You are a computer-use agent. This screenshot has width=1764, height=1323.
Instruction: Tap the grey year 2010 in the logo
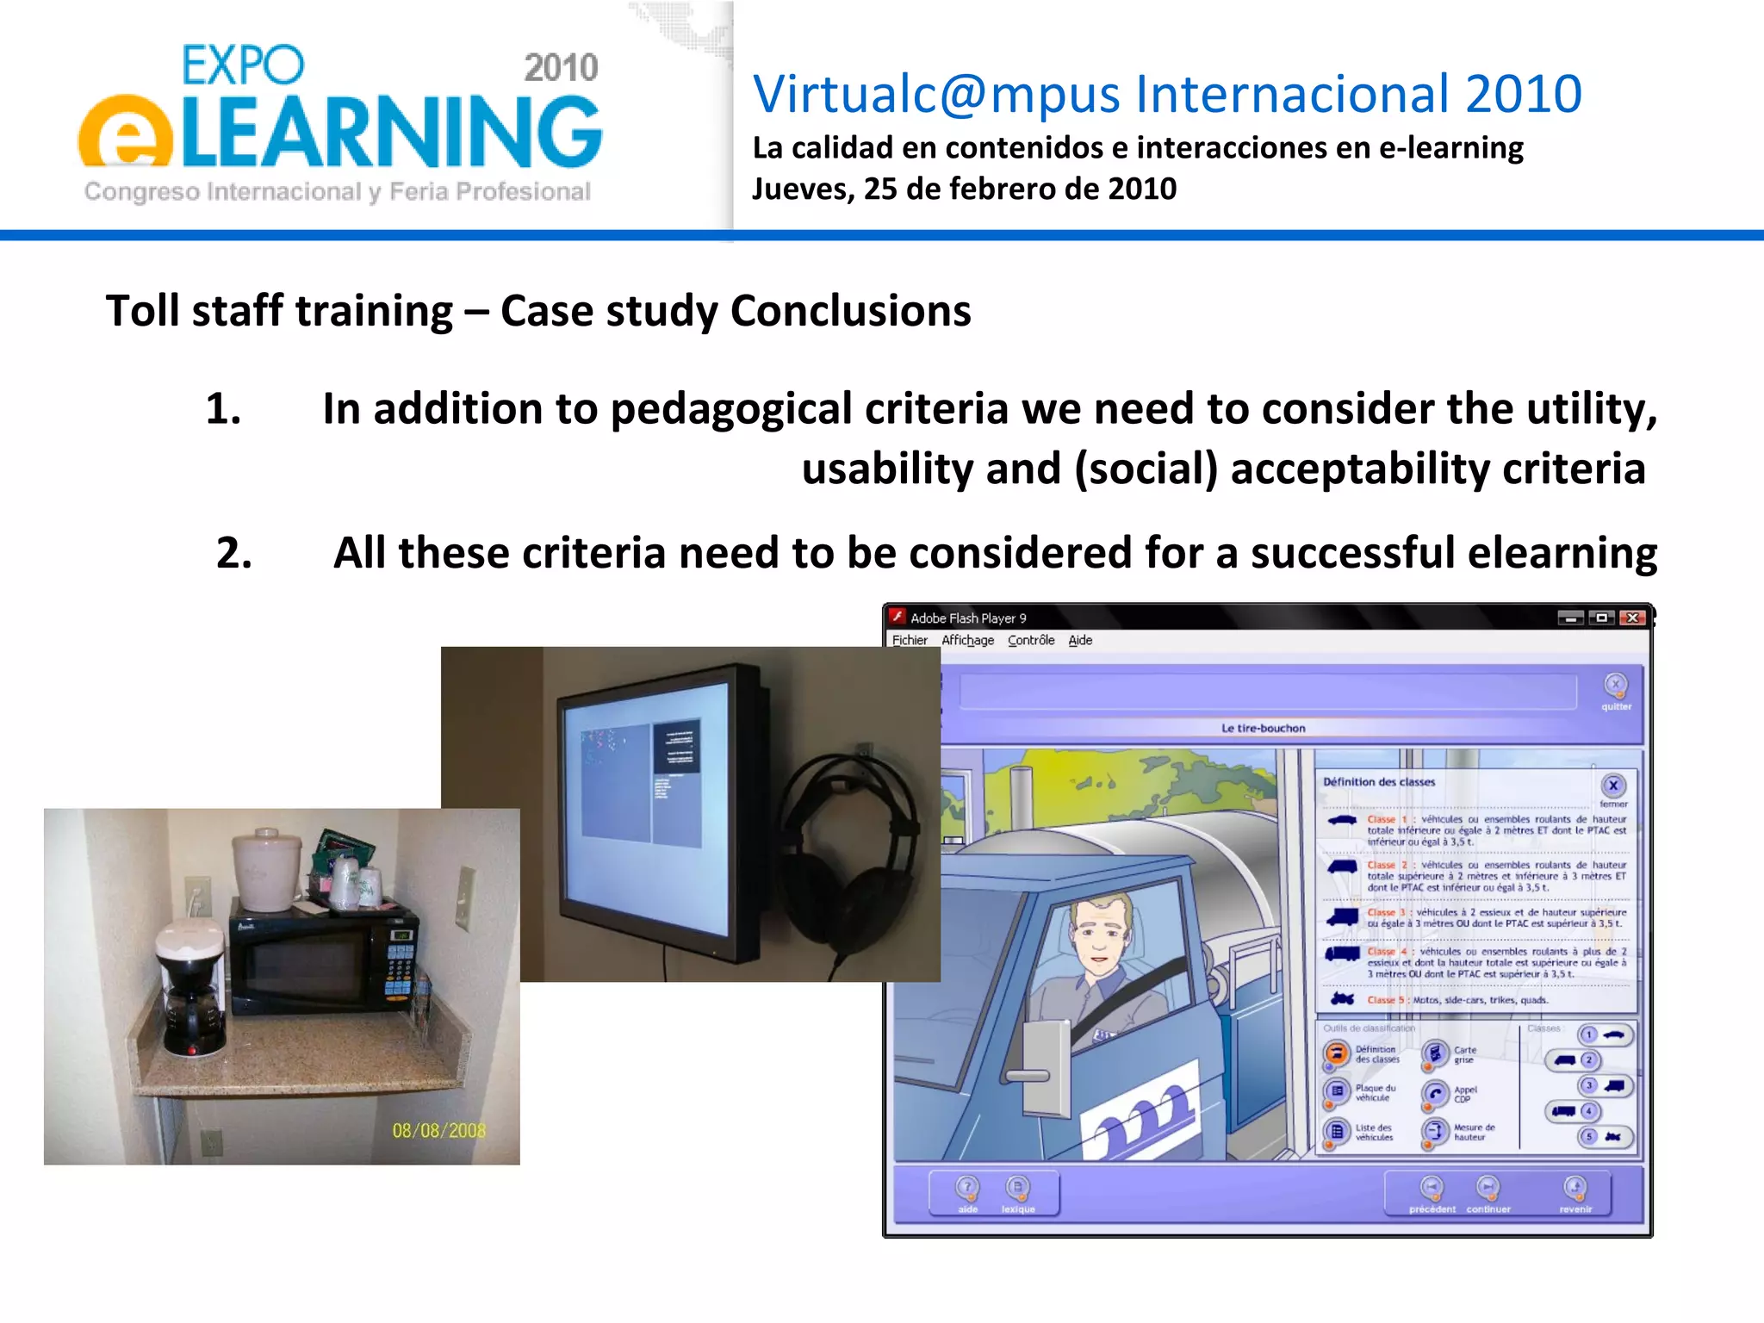pyautogui.click(x=561, y=68)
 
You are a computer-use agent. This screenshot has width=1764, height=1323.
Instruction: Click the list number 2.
pyautogui.click(x=233, y=553)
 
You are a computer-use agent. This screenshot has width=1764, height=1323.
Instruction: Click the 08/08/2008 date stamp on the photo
pyautogui.click(x=438, y=1130)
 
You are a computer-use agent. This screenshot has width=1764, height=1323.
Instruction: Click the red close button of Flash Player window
pyautogui.click(x=1632, y=618)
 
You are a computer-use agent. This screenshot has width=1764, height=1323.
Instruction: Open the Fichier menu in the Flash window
pyautogui.click(x=910, y=640)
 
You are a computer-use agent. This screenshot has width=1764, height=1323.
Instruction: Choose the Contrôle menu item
pyautogui.click(x=1031, y=640)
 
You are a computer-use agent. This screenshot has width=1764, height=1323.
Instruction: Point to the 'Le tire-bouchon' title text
pyautogui.click(x=1263, y=728)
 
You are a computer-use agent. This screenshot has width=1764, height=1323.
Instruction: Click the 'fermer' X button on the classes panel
pyautogui.click(x=1613, y=786)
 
